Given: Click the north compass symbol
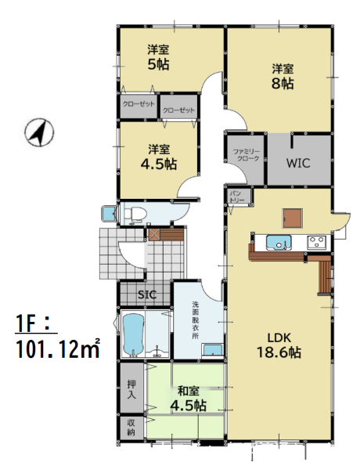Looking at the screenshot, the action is tap(39, 132).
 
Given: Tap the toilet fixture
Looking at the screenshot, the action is tap(135, 213).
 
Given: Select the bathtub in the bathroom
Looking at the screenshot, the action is tap(133, 334).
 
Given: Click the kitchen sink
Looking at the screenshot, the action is tap(278, 243).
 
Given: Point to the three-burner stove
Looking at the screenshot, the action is tap(316, 243).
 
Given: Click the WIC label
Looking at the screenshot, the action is tap(298, 163).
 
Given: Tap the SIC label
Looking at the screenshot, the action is tap(147, 294).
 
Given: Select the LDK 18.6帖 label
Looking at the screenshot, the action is tap(279, 345).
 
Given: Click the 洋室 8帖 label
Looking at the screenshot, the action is tap(283, 77).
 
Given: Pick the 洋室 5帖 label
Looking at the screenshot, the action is tap(158, 57).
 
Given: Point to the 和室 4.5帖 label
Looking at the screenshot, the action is tap(189, 399).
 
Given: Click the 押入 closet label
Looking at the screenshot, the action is tap(131, 389).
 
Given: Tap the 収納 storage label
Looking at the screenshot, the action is tap(131, 428).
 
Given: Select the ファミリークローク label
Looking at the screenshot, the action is tap(247, 155).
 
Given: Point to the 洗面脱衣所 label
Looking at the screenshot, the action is tap(195, 320).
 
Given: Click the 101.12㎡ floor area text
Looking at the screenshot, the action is tap(58, 349).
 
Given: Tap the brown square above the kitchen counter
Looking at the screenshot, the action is tap(293, 218).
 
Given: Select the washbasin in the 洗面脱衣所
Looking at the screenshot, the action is tap(213, 351).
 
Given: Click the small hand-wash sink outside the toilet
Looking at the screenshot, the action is tap(109, 215).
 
